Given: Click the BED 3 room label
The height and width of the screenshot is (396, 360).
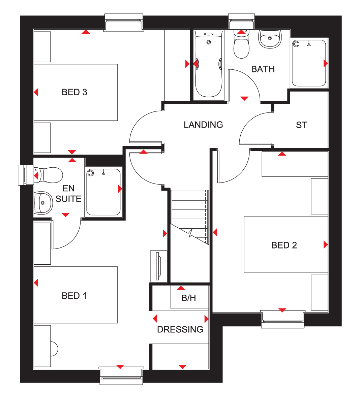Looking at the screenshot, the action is coord(74,92).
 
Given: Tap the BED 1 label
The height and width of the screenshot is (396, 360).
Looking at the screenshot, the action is coord(74,296).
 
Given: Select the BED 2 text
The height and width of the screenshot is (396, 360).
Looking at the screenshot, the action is coord(284,245).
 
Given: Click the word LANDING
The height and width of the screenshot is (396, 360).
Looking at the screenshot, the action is coord(203,125).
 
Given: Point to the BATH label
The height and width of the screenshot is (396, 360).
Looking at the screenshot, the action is coord(263,69).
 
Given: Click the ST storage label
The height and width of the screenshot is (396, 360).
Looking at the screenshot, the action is coord(301,125).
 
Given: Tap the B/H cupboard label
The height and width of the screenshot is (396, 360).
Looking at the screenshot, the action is coord(189,298).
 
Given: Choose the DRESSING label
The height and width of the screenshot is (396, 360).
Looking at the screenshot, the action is coord(180,329).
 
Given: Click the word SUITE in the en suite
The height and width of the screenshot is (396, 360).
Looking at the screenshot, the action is coord(68,199).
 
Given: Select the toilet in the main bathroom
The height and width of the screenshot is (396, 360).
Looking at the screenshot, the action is coord(241,44).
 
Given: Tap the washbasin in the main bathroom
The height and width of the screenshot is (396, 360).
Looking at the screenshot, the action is coord(270,39).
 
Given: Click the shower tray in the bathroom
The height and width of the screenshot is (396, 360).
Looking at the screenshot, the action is coord(309,63).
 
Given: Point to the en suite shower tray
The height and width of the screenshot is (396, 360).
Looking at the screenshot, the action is coord(103,192).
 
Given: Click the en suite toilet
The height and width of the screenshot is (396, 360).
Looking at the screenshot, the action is coord(48,175).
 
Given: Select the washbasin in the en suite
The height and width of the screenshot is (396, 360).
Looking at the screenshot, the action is coord(43,203).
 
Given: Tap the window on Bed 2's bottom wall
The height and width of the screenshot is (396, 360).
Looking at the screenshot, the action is coord(282,319).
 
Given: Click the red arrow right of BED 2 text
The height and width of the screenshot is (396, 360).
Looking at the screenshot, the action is coord(326,244).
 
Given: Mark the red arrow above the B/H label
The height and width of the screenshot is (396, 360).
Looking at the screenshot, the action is coord(181,288).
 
